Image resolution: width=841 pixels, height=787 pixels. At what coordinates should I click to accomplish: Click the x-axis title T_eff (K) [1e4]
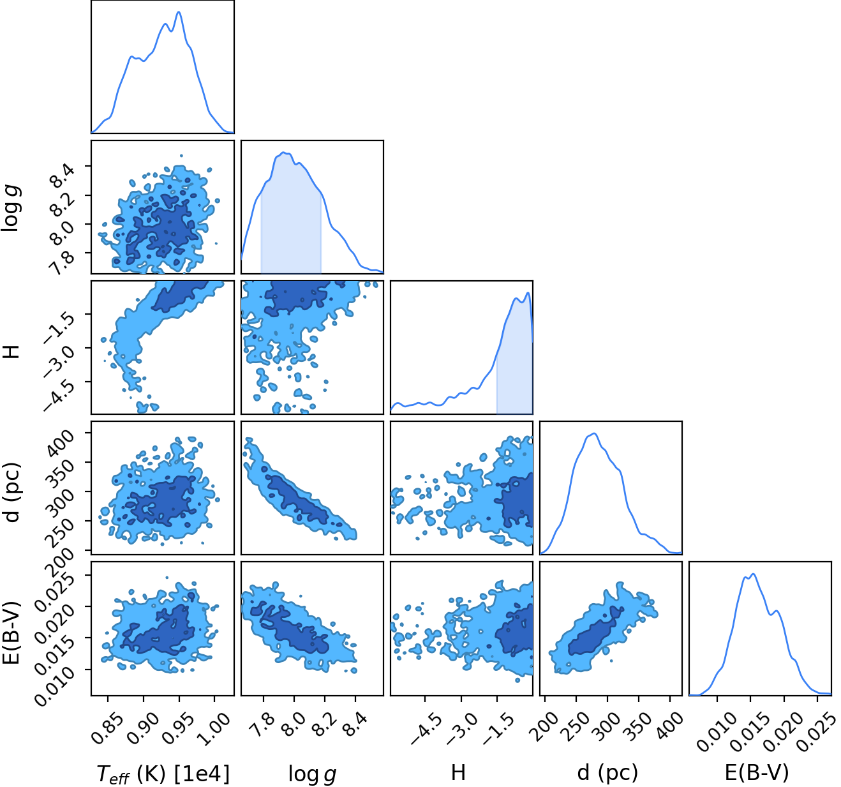pyautogui.click(x=163, y=774)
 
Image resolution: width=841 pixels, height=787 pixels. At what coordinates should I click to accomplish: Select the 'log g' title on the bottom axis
pyautogui.click(x=312, y=774)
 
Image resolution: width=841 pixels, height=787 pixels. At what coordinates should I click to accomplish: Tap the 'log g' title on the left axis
pyautogui.click(x=11, y=207)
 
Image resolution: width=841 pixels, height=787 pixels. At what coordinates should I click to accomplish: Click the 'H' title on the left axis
pyautogui.click(x=11, y=352)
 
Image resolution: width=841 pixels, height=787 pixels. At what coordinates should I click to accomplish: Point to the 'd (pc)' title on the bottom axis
pyautogui.click(x=607, y=773)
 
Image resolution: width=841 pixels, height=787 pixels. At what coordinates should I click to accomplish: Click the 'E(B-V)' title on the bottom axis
pyautogui.click(x=757, y=773)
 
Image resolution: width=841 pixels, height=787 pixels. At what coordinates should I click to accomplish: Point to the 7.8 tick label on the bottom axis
pyautogui.click(x=262, y=724)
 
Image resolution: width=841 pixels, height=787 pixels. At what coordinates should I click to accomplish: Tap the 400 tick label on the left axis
pyautogui.click(x=61, y=444)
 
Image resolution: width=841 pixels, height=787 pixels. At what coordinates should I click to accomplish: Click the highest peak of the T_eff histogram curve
pyautogui.click(x=179, y=12)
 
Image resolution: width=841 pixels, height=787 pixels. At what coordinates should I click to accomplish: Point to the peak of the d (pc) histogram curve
pyautogui.click(x=594, y=433)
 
